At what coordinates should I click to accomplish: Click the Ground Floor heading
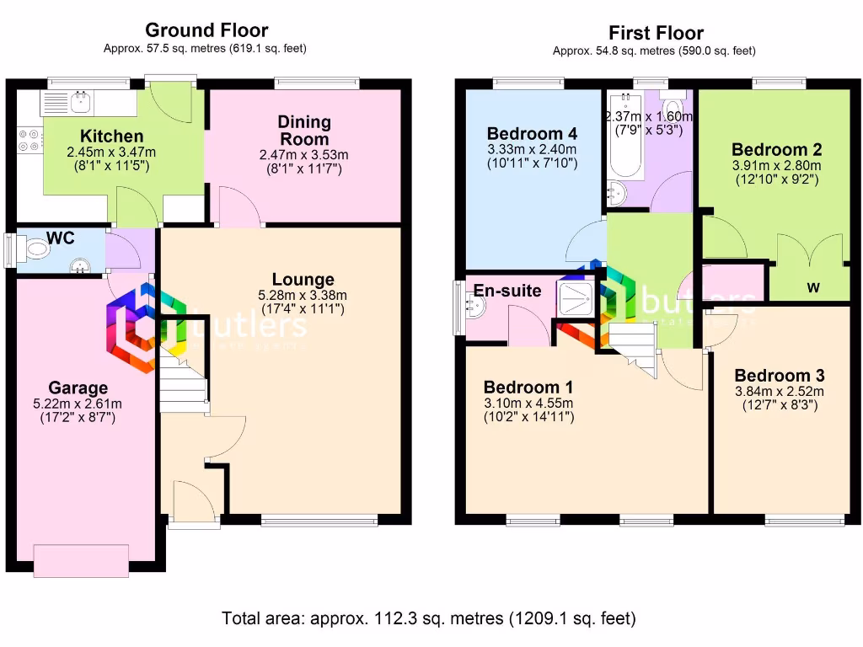206,32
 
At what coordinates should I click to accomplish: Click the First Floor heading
656,34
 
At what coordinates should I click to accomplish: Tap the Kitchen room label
111,136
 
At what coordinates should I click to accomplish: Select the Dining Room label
304,131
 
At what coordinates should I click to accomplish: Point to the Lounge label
303,280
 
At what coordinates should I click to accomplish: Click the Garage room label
78,388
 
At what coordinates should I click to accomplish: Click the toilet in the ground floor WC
35,249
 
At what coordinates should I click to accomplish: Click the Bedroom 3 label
780,376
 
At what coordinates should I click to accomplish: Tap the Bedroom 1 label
528,388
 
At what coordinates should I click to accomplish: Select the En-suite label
507,291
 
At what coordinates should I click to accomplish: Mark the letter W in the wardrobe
812,288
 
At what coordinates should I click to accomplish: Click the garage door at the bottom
81,559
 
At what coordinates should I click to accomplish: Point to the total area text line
428,618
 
